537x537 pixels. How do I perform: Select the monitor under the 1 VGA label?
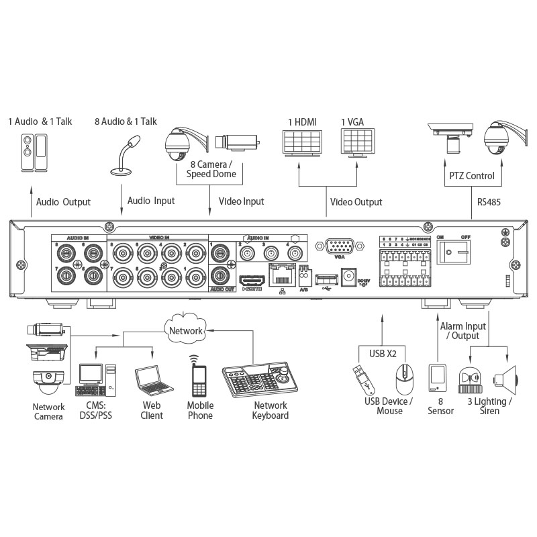coord(357,142)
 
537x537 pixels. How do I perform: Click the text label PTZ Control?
coord(471,176)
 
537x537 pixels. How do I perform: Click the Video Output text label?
coord(356,201)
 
